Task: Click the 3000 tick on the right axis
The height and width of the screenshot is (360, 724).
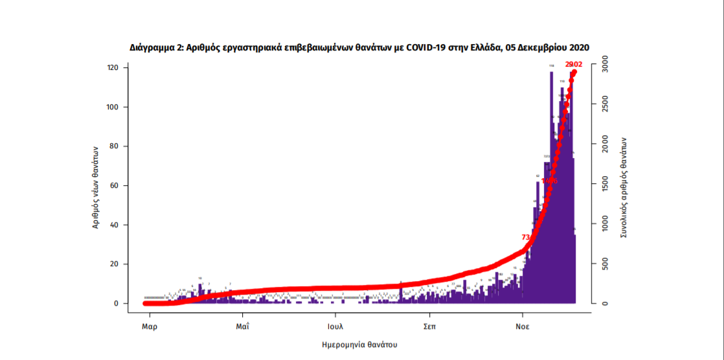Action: coord(603,60)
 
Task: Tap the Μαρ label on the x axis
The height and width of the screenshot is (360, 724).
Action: coord(150,326)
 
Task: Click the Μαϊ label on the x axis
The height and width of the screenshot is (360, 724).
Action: coord(242,326)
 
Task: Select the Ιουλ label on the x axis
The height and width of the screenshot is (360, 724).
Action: coord(335,326)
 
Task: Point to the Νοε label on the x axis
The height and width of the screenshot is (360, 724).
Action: coord(522,326)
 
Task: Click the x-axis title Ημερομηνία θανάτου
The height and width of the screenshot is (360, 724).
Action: coord(359,344)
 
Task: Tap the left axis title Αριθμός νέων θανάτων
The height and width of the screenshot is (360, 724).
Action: coord(95,186)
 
